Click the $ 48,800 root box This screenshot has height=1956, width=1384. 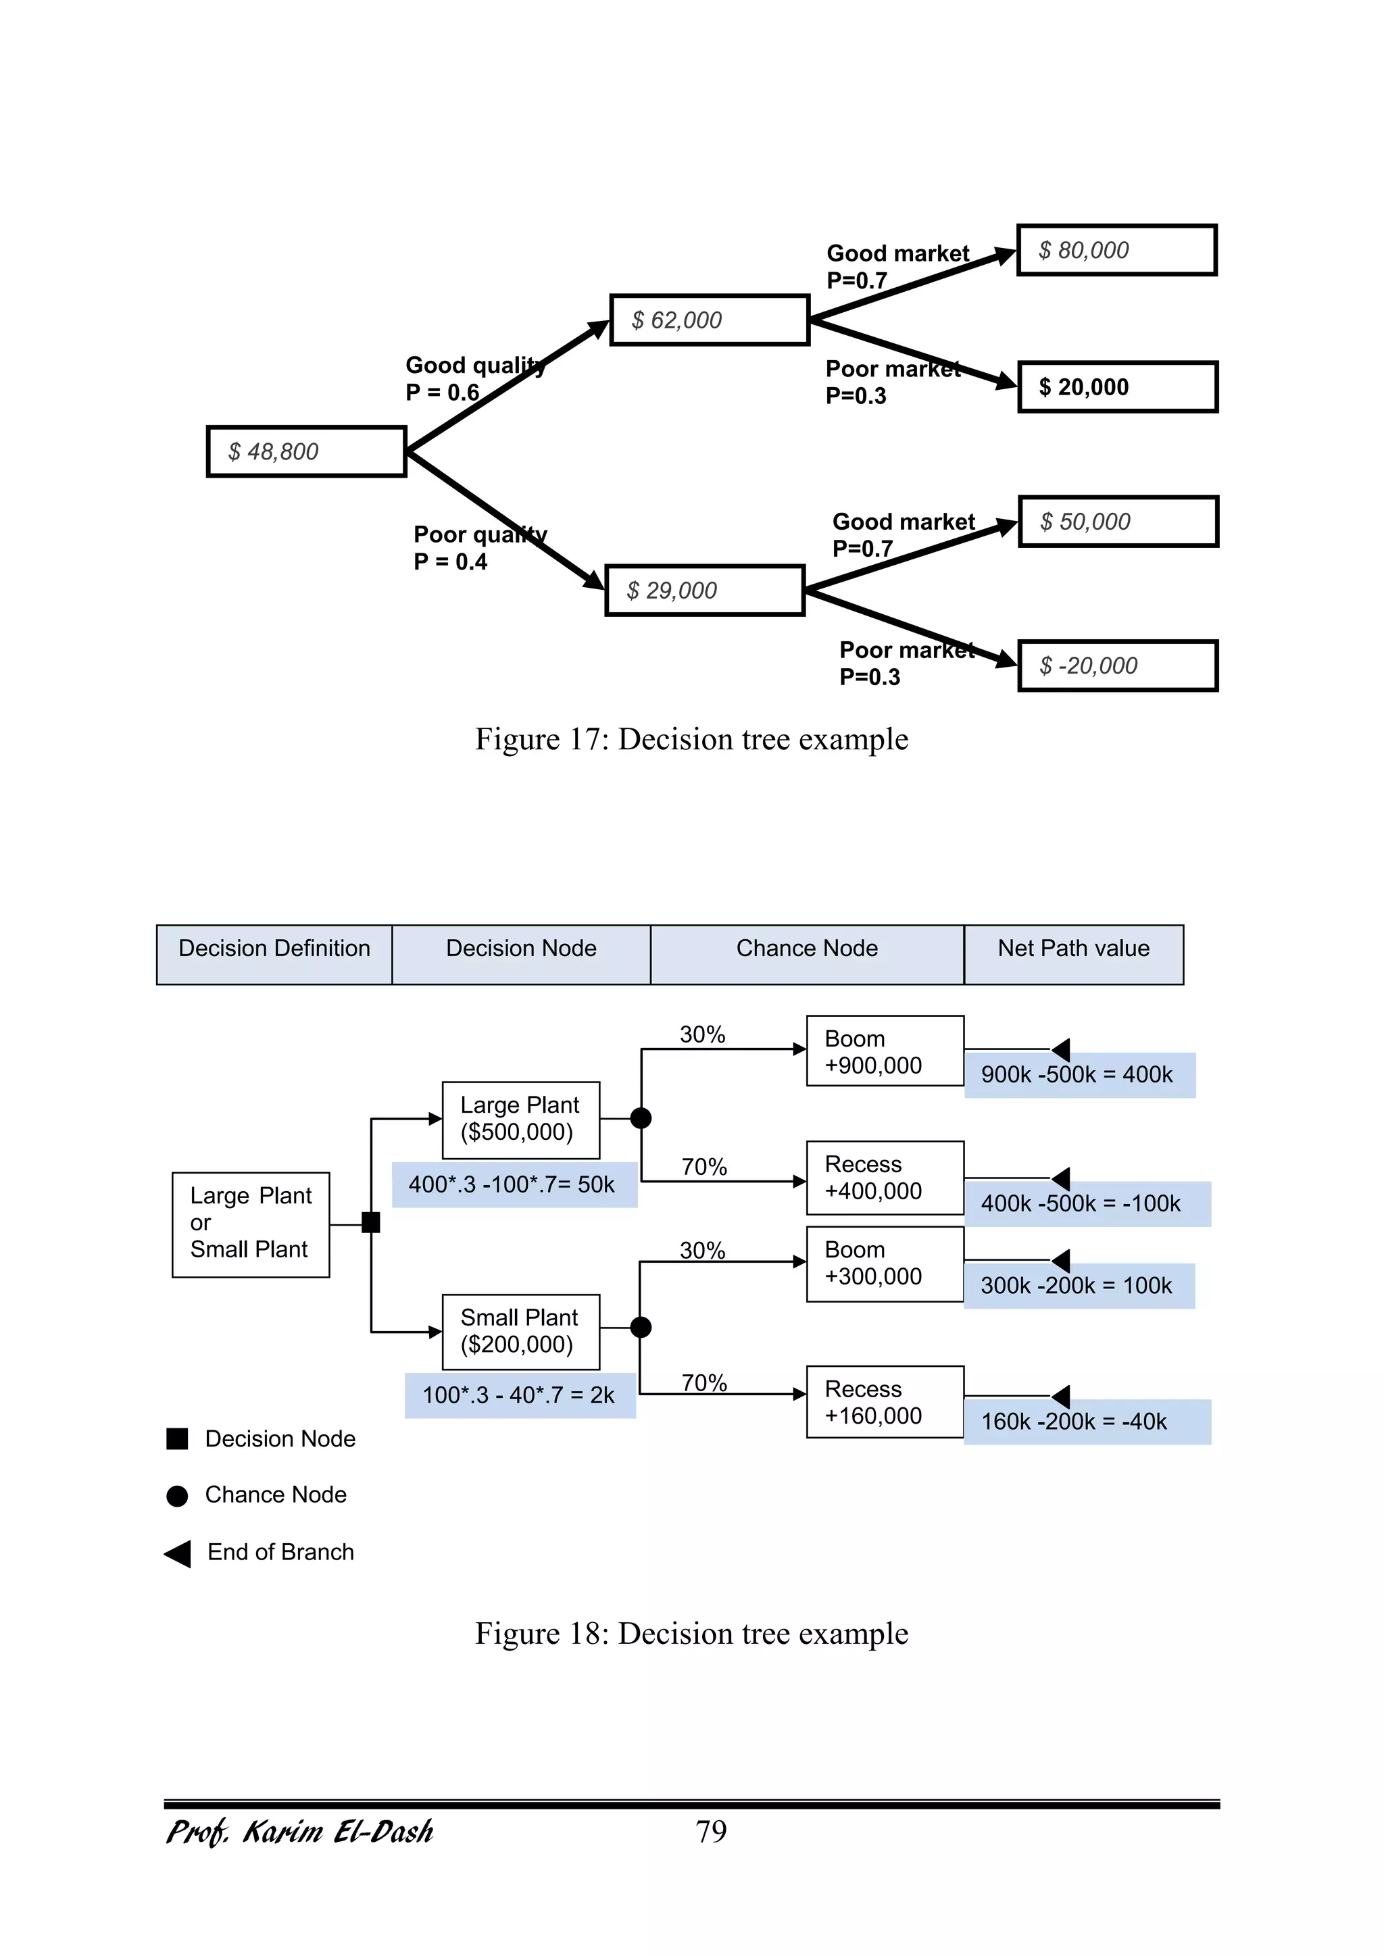coord(307,451)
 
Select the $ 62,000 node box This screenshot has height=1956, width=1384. coord(709,320)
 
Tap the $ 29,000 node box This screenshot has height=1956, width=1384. coord(704,591)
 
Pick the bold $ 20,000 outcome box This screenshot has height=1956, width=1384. coord(1117,388)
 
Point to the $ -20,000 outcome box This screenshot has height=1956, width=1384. coord(1117,666)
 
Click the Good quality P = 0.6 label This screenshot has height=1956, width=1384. coord(473,378)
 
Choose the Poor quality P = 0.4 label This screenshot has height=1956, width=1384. coord(479,548)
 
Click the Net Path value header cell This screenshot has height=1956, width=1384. coord(1073,954)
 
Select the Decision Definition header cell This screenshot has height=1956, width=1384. coord(274,954)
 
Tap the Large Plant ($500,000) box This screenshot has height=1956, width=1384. coord(521,1120)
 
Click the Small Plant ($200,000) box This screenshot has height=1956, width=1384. coord(521,1332)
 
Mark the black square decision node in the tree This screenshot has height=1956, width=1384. coord(371,1222)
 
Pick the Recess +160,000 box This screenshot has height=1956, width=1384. coord(885,1402)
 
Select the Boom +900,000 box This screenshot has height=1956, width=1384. coord(885,1051)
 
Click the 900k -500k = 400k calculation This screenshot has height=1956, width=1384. coord(1078,1075)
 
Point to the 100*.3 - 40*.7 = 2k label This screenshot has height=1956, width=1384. coord(519,1395)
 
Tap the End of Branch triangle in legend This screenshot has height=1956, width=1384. coord(178,1553)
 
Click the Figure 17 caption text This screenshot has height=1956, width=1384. coord(691,739)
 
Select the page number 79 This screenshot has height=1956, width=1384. coord(711,1832)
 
